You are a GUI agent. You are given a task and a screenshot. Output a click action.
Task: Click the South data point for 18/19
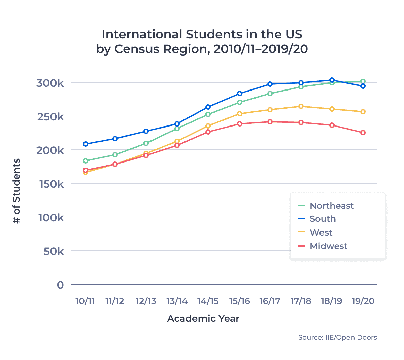point(332,80)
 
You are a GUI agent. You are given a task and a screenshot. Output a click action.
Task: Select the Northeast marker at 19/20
point(363,81)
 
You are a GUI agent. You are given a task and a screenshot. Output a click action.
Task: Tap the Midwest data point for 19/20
point(363,133)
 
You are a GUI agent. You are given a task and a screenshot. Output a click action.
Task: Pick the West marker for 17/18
point(301,106)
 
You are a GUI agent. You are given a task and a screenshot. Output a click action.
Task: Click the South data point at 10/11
point(86,144)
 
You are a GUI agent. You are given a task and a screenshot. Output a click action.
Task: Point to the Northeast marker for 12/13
point(146,143)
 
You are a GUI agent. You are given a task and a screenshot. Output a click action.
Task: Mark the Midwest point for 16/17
point(270,122)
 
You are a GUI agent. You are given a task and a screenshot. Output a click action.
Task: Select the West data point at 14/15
point(208,126)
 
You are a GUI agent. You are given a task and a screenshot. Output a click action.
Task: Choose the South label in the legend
point(323,219)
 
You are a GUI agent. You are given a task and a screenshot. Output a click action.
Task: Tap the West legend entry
point(321,232)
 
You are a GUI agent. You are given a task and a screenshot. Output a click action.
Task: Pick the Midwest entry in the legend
point(328,246)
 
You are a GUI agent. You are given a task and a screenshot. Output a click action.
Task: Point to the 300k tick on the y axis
point(50,83)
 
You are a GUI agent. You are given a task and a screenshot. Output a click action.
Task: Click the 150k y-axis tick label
point(51,184)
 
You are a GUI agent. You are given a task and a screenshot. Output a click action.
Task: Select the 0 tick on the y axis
point(60,285)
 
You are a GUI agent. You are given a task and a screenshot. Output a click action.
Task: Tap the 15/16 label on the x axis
point(239,301)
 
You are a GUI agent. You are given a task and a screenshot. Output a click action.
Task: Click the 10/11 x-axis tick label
point(85,301)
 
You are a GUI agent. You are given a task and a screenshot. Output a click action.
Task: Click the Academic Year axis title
point(203,319)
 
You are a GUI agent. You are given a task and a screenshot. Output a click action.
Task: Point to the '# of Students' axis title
point(16,191)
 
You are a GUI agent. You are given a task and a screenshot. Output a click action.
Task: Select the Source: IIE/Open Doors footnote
point(337,337)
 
